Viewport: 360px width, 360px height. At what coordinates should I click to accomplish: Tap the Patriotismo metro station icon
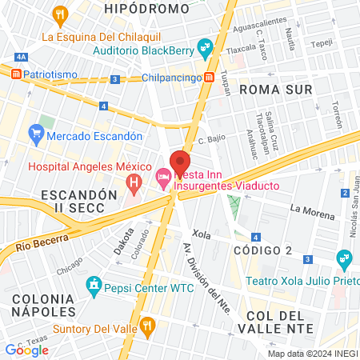pos(15,74)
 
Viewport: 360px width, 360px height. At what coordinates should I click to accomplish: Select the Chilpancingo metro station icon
pos(208,78)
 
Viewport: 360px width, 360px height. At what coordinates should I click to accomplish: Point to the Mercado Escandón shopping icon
pos(35,132)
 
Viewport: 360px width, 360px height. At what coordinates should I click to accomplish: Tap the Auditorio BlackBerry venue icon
pos(207,48)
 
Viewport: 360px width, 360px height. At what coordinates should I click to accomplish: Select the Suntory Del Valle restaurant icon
pos(146,325)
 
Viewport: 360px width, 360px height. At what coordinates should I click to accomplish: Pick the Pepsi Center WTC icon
pos(94,284)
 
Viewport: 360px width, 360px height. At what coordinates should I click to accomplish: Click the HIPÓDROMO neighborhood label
pos(147,9)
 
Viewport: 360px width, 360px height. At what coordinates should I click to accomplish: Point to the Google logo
pos(26,349)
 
